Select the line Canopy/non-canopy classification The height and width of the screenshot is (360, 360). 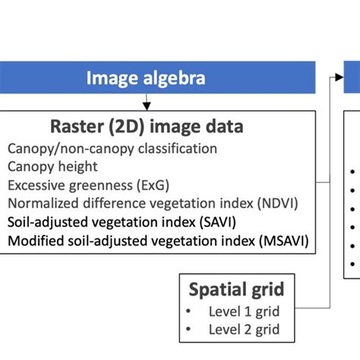click(x=112, y=148)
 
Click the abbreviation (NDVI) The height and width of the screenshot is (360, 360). click(x=280, y=203)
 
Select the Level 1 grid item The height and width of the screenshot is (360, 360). click(x=244, y=311)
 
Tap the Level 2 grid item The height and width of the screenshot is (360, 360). click(x=244, y=329)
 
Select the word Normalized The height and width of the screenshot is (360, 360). click(x=42, y=203)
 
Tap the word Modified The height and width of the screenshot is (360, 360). click(x=33, y=242)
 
